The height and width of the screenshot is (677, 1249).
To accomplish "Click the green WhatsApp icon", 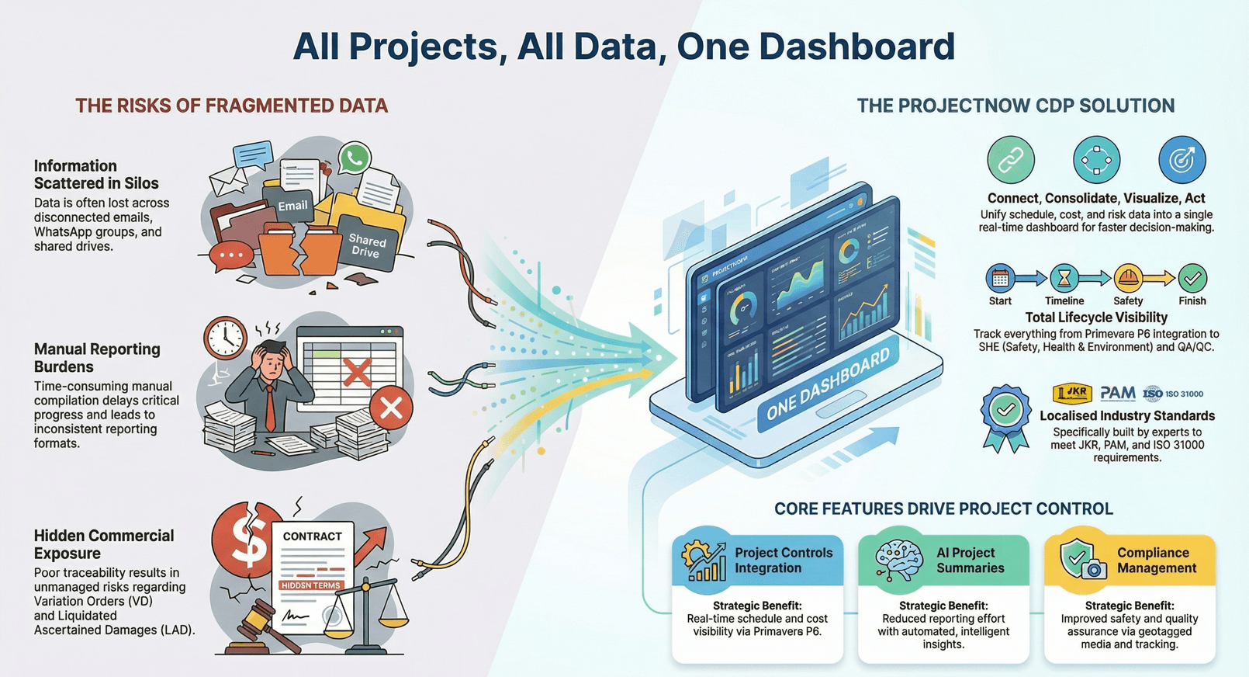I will (355, 158).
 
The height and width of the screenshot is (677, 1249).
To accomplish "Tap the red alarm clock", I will (225, 337).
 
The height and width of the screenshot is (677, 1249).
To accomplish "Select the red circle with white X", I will (391, 408).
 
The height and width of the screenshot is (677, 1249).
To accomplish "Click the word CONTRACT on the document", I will (312, 536).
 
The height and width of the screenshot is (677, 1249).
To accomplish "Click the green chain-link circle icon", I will (1010, 160).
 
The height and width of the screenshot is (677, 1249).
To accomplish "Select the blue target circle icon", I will (1182, 160).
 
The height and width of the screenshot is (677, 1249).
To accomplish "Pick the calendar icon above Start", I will (1000, 278).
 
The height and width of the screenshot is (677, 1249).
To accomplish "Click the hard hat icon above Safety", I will (1128, 278).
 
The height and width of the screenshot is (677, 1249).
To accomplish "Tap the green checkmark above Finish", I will (1192, 278).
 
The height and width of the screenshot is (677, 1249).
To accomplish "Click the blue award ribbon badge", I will (1005, 416).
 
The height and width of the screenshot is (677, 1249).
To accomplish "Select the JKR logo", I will (1072, 394).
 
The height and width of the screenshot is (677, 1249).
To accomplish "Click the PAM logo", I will (1117, 394).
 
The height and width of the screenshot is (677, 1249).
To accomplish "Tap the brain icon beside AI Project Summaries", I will (898, 559).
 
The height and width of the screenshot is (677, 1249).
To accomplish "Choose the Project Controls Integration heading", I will (783, 560).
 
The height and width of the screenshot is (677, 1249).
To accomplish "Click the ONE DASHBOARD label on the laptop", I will (827, 384).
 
